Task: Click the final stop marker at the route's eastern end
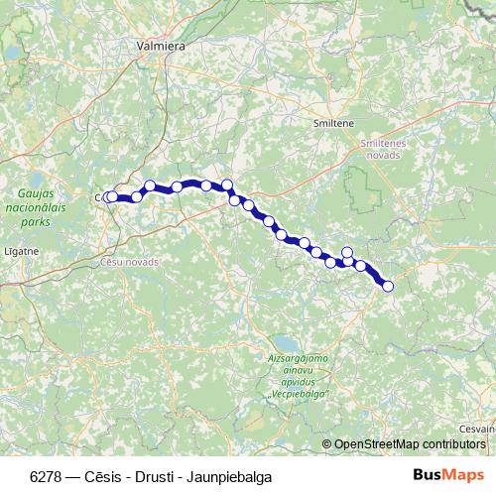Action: pyautogui.click(x=388, y=287)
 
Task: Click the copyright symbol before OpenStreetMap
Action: pyautogui.click(x=326, y=444)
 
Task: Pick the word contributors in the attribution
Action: pyautogui.click(x=455, y=444)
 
